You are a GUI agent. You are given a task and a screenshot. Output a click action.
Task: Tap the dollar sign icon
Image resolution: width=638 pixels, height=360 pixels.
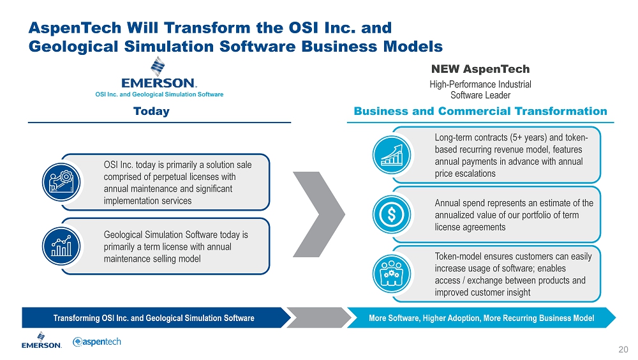pos(392,214)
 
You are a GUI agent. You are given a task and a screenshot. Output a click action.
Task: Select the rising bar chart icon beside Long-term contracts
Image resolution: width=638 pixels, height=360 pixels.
pos(392,155)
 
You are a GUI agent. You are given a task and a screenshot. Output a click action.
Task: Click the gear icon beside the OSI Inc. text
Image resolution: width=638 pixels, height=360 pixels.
pos(61,182)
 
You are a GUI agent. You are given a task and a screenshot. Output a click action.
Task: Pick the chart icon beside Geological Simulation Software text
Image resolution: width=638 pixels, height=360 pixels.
pos(61,246)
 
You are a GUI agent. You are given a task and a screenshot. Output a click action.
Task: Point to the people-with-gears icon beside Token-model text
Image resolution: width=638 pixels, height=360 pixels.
pos(392,274)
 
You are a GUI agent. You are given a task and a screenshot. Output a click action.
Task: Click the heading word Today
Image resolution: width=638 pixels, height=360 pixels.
pos(151,111)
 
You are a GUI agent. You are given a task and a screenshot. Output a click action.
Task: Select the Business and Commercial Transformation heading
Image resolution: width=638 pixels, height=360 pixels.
pos(480,111)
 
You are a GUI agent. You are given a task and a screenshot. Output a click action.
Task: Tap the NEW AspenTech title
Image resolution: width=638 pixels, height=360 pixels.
pos(480,69)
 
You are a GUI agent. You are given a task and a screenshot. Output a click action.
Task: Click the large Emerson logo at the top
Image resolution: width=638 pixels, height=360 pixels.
pos(159,73)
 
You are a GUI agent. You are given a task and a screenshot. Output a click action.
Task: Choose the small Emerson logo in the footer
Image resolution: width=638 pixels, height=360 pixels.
pos(41,340)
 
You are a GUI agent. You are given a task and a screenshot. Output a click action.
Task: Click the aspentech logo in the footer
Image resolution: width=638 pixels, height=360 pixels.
pos(97,341)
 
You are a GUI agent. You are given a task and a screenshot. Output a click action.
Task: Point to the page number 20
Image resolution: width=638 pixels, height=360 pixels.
pos(623,349)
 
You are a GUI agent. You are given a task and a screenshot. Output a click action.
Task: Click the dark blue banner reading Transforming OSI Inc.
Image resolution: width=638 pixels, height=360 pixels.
pos(156,318)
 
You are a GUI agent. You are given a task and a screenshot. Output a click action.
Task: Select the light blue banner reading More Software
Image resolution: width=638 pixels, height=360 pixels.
pos(481,318)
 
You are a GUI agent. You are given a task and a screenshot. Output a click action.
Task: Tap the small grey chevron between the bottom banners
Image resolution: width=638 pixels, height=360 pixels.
pos(320,318)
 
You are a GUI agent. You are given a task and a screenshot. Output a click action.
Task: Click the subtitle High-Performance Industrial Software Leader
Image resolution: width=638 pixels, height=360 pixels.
pos(480,89)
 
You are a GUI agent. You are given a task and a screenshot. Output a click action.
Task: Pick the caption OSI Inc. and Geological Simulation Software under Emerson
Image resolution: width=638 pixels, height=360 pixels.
pos(159,94)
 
